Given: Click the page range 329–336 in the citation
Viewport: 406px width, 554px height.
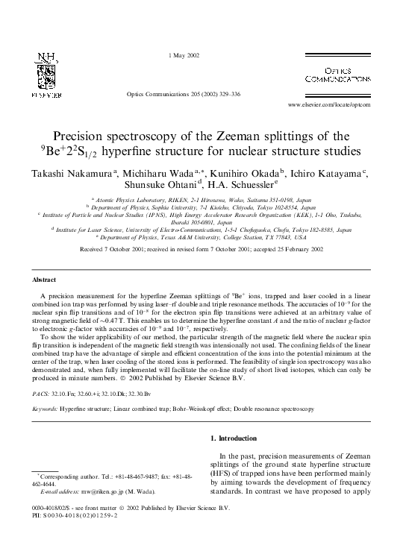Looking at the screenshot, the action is pyautogui.click(x=231, y=95).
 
